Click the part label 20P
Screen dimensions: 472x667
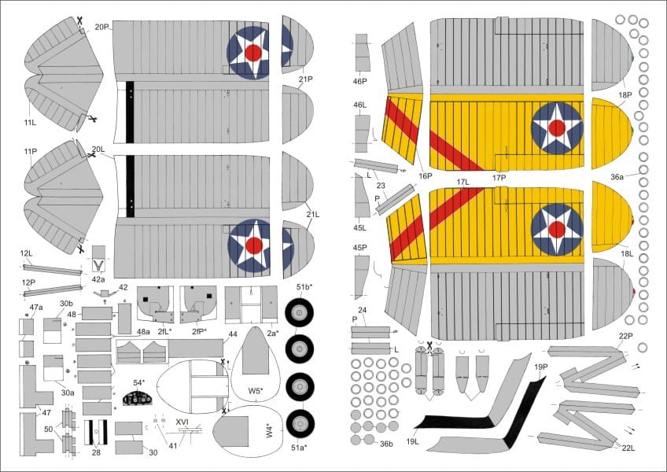[101, 27]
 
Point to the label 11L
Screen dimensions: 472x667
[31, 123]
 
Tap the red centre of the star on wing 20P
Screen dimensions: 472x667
[253, 53]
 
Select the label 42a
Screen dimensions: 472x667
[98, 278]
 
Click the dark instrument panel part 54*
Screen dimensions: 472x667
[138, 398]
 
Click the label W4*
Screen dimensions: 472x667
[271, 430]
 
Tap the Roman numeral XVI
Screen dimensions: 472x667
[182, 422]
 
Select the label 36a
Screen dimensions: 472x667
[616, 177]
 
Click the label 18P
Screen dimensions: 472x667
[625, 95]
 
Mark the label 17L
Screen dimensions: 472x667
[462, 182]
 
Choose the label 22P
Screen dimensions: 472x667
[625, 336]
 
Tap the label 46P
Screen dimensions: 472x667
[359, 81]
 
